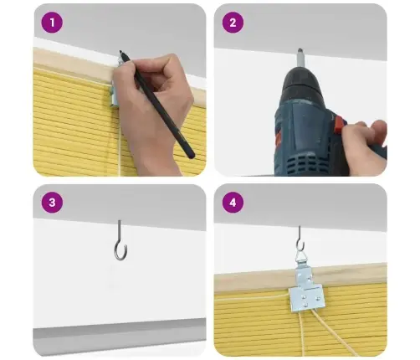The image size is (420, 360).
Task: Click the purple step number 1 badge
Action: coord(52,23)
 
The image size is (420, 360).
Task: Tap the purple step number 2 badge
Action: coord(233,23)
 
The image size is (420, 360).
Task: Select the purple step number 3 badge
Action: coord(52,203)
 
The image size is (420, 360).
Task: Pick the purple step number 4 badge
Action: coord(233,203)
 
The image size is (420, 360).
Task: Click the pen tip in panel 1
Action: coord(120,52)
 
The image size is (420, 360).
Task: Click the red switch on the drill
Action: coord(340,123)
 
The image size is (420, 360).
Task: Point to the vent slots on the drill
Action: coord(303,164)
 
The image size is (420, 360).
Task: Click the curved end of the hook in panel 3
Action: coord(120,254)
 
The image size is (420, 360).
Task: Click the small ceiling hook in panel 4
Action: coord(300,239)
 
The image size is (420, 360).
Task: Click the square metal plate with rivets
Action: coord(307,299)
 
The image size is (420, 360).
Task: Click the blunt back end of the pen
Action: coord(191,155)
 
